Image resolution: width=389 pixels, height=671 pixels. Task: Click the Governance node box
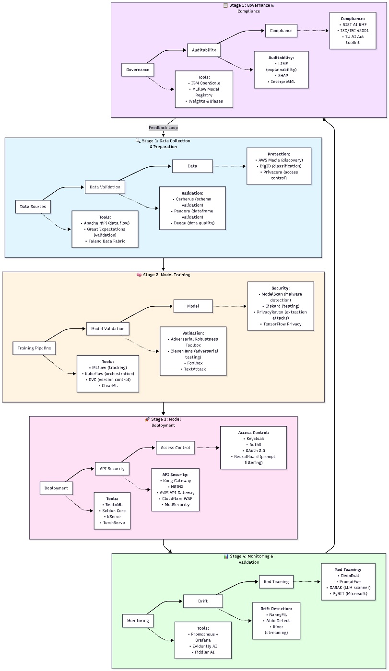pyautogui.click(x=138, y=69)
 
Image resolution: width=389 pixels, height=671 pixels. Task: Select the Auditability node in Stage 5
pyautogui.click(x=204, y=49)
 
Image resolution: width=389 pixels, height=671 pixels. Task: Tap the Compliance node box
pyautogui.click(x=281, y=31)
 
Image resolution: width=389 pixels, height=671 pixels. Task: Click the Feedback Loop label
pyautogui.click(x=163, y=127)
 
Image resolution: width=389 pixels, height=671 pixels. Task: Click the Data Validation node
pyautogui.click(x=105, y=187)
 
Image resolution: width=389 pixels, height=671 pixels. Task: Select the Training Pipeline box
pyautogui.click(x=34, y=348)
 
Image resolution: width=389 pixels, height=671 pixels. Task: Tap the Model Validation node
pyautogui.click(x=108, y=328)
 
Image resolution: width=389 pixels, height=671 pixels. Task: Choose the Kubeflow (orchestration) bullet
pyautogui.click(x=108, y=373)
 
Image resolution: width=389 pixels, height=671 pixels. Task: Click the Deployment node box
pyautogui.click(x=57, y=488)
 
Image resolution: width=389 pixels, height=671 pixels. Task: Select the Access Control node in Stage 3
pyautogui.click(x=176, y=448)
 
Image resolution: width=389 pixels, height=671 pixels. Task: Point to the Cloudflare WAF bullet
pyautogui.click(x=175, y=498)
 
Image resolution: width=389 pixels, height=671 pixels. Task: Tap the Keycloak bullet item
pyautogui.click(x=254, y=439)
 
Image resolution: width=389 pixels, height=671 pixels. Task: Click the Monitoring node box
pyautogui.click(x=138, y=620)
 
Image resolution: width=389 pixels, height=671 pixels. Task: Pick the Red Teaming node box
pyautogui.click(x=276, y=581)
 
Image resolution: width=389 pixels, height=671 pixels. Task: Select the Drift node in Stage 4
pyautogui.click(x=203, y=601)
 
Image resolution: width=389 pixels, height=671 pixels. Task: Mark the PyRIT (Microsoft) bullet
pyautogui.click(x=348, y=593)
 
